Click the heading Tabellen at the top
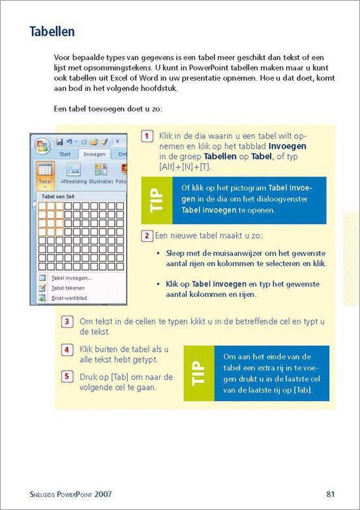(52, 32)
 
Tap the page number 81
(331, 494)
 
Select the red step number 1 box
(146, 136)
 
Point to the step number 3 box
(67, 321)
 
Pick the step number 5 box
(67, 377)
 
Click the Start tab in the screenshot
(65, 154)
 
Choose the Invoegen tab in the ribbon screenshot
(94, 154)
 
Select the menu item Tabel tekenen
(68, 288)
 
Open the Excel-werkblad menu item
(69, 298)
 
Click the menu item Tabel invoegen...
(71, 278)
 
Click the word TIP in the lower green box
(198, 373)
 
